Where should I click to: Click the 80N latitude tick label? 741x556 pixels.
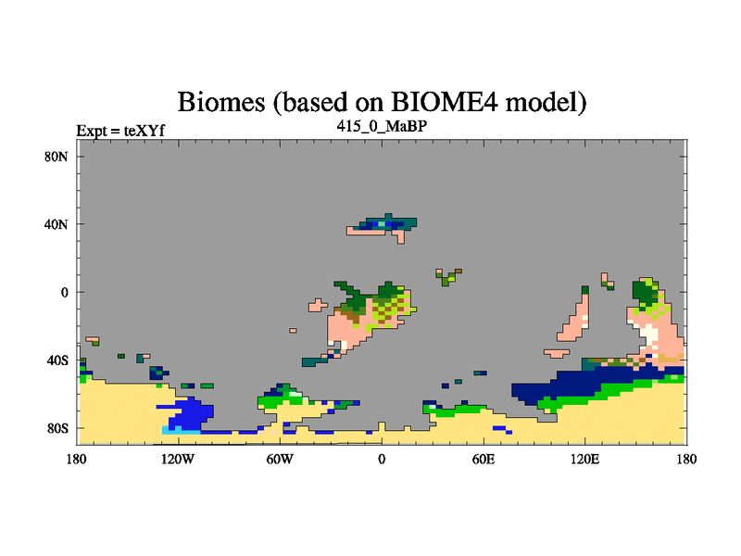[x=57, y=157]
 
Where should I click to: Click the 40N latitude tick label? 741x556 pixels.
[x=57, y=224]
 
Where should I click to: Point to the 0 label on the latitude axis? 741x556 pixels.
[x=64, y=292]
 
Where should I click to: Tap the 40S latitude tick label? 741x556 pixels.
[x=57, y=360]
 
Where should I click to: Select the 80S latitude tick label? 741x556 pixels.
[x=57, y=428]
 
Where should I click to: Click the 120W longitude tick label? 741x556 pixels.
[x=178, y=459]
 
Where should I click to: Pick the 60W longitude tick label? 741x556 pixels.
[x=280, y=459]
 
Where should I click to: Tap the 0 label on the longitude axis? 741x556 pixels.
[x=382, y=459]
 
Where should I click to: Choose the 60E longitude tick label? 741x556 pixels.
[x=484, y=459]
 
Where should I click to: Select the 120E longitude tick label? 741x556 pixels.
[x=585, y=459]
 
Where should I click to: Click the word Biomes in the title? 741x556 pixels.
[x=221, y=102]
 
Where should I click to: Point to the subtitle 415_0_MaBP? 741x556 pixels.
[x=382, y=126]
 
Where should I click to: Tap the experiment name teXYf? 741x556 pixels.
[x=144, y=131]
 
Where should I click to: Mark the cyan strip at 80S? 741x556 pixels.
[x=181, y=430]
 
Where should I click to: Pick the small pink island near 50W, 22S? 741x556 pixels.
[x=293, y=331]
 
